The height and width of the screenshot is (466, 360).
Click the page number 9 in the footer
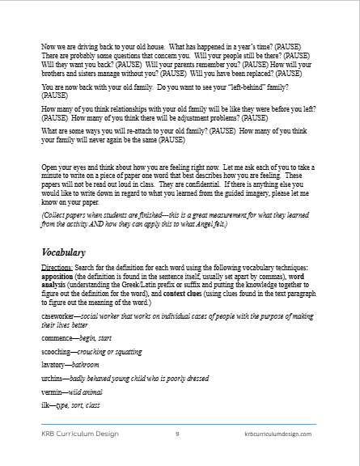(x=177, y=434)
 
